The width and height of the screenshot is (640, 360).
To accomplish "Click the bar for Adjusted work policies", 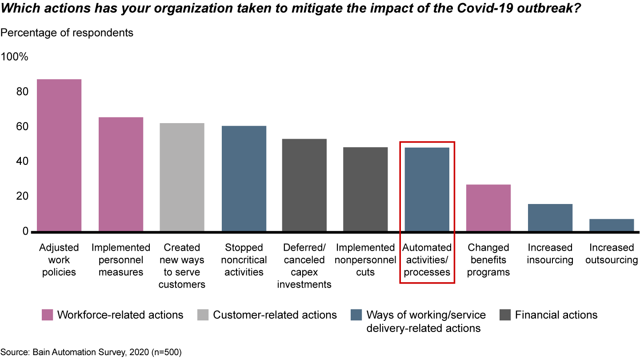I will (x=59, y=155).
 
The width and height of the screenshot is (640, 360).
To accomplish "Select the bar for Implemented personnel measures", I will (x=120, y=174).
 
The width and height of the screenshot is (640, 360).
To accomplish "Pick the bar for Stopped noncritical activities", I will (x=244, y=179).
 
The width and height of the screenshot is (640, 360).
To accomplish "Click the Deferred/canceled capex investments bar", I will (x=304, y=185).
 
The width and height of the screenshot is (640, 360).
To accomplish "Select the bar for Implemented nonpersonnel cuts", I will (x=365, y=189).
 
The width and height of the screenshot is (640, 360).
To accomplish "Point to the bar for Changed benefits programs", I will (x=488, y=208).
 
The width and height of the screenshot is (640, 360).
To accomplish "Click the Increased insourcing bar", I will (x=550, y=217).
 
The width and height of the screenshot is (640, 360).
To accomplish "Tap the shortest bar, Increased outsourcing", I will (x=612, y=225).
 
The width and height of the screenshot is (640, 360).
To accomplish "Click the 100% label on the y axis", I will (x=15, y=57).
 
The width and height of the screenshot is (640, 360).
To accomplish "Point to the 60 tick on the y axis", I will (x=23, y=127).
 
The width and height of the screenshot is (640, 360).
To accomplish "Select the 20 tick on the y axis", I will (x=23, y=196).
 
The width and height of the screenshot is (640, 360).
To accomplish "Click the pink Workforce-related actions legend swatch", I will (x=47, y=315).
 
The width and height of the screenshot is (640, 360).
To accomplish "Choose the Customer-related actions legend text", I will (x=275, y=315).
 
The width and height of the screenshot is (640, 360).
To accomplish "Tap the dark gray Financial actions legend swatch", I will (x=505, y=315).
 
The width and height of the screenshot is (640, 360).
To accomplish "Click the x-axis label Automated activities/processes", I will (x=427, y=260).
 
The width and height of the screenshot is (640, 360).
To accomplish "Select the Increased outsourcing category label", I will (x=612, y=253).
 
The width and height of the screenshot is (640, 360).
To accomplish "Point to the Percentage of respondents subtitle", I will (x=67, y=33).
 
